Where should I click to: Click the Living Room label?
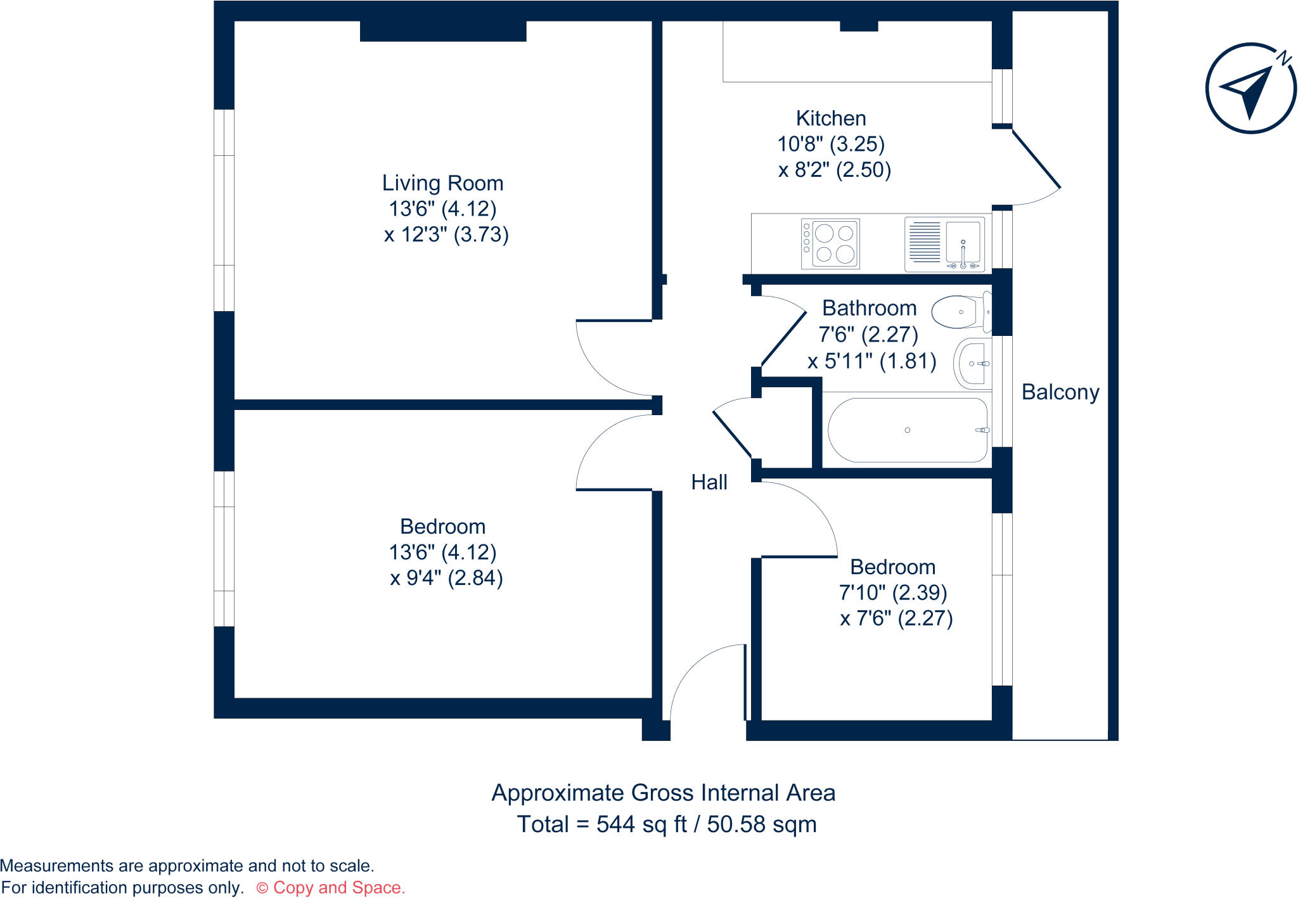point(442,183)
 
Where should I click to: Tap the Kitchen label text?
point(830,119)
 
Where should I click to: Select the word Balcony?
point(1060,392)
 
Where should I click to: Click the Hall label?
point(709,482)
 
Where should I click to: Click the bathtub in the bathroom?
point(907,430)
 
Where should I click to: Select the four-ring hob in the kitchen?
point(830,244)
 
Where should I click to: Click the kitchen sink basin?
point(963,243)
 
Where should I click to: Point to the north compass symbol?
point(1250,89)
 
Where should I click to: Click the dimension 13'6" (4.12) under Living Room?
point(442,208)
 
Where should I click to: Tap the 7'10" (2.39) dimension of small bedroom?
point(892,593)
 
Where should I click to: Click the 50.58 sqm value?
point(761,824)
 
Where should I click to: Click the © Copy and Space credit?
point(330,887)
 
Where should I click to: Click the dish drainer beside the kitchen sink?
point(925,242)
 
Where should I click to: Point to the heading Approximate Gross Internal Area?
point(663,793)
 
